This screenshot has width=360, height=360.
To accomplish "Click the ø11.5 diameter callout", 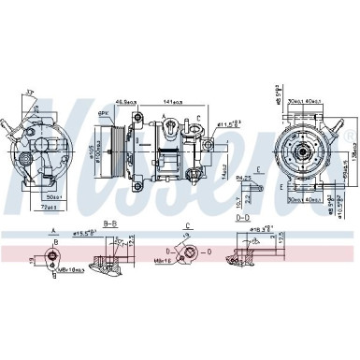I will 230,122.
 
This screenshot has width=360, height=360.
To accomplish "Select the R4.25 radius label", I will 243,176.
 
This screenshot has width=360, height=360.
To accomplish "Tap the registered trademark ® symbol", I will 349,138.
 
